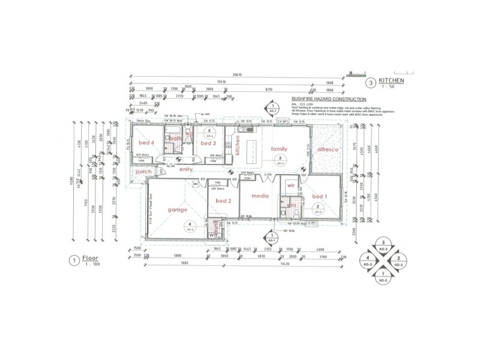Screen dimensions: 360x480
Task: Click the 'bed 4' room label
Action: click(147, 143)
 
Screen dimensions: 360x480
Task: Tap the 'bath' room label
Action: click(175, 139)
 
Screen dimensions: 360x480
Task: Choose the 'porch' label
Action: click(143, 172)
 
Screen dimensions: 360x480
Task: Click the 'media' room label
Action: click(260, 196)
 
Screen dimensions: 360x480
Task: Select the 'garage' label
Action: click(178, 210)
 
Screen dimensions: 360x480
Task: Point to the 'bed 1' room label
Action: click(320, 196)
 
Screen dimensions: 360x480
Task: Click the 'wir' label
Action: click(290, 186)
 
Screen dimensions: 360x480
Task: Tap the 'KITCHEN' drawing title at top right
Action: click(391, 80)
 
